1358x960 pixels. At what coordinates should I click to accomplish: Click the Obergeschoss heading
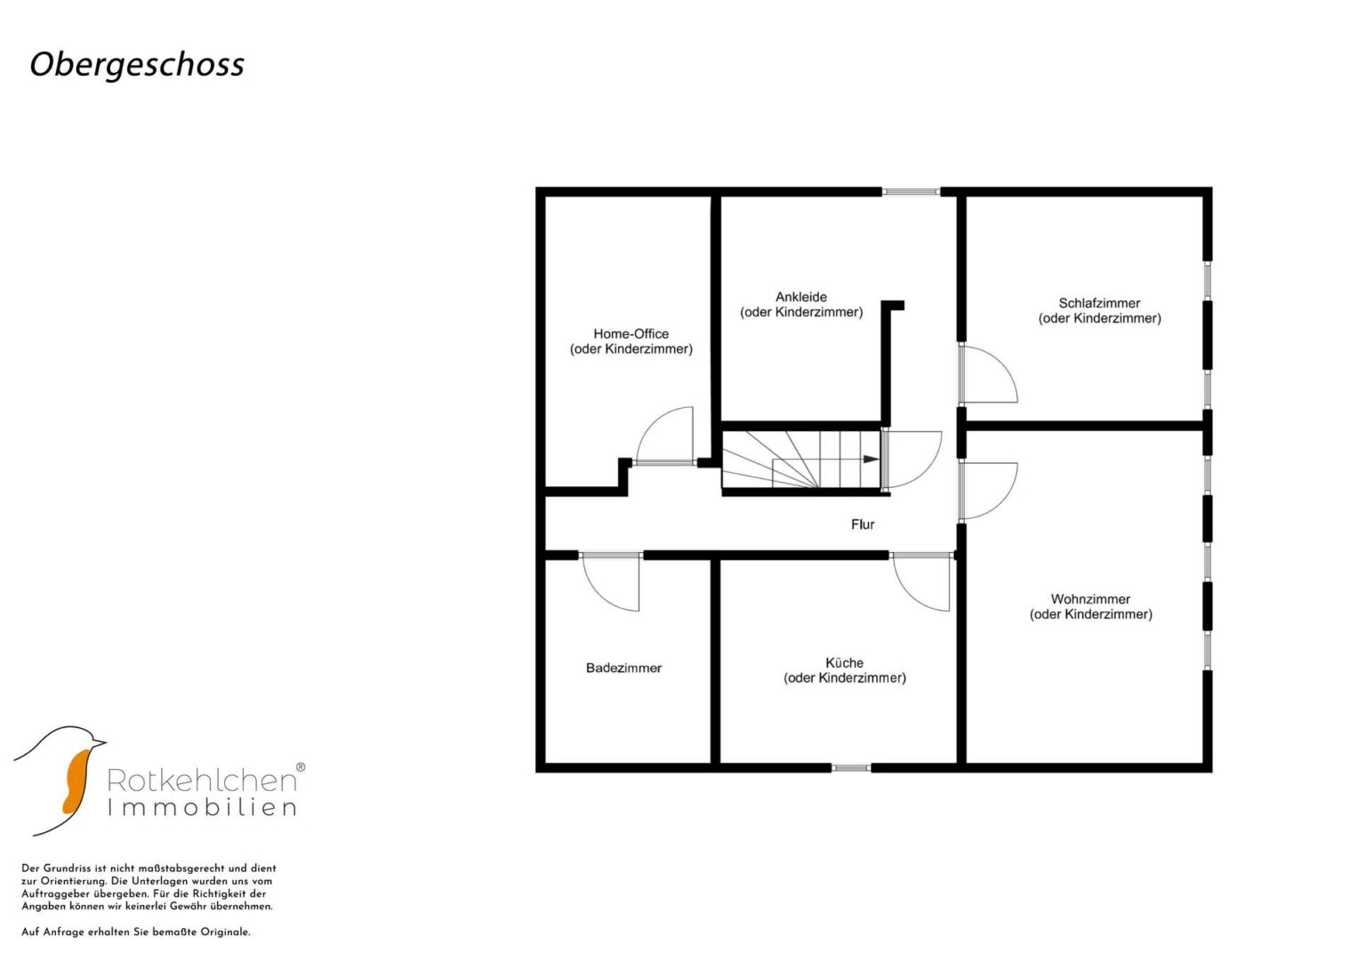coord(137,65)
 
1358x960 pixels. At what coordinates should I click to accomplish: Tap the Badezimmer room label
coord(623,668)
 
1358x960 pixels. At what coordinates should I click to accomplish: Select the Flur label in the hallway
coord(862,524)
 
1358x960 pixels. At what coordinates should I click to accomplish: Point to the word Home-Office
coord(631,333)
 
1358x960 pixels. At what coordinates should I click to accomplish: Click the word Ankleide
coord(801,297)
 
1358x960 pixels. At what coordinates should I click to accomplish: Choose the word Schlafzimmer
coord(1099,303)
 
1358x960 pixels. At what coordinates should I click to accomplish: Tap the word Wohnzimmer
coord(1090,599)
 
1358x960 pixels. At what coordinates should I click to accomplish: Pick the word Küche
coord(844,662)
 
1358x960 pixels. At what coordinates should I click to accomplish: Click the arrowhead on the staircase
coord(872,459)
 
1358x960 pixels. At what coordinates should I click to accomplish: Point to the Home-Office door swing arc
coord(653,423)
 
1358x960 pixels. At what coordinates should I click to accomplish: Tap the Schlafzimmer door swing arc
coord(1001,362)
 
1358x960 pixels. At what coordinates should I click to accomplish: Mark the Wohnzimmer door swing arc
coord(1001,502)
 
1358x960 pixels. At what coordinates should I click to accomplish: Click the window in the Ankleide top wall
coord(911,191)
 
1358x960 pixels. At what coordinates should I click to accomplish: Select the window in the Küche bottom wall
coord(850,768)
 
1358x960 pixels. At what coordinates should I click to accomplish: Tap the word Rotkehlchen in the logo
coord(202,780)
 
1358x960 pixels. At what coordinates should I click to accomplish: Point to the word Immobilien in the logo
coord(202,807)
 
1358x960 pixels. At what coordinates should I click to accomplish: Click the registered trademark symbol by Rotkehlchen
coord(301,767)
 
